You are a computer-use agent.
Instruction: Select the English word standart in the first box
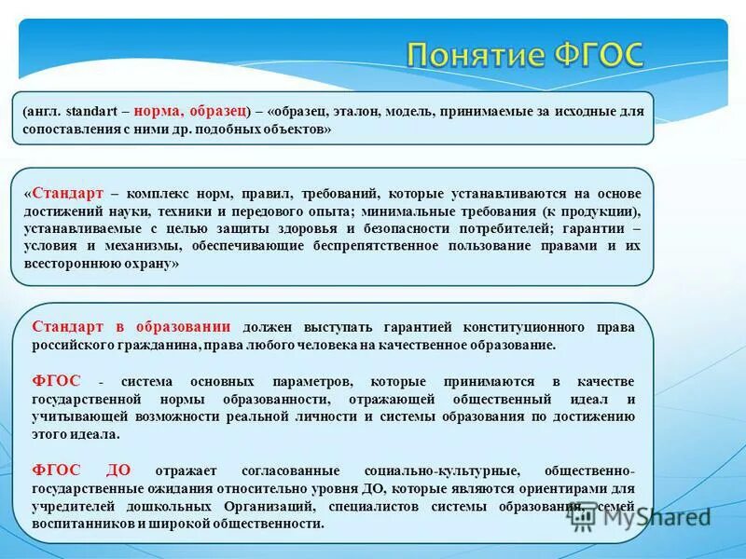pyautogui.click(x=92, y=112)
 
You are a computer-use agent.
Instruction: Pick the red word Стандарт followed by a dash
pyautogui.click(x=67, y=194)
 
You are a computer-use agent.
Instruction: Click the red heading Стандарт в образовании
pyautogui.click(x=131, y=327)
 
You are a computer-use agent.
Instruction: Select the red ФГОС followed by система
pyautogui.click(x=56, y=382)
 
